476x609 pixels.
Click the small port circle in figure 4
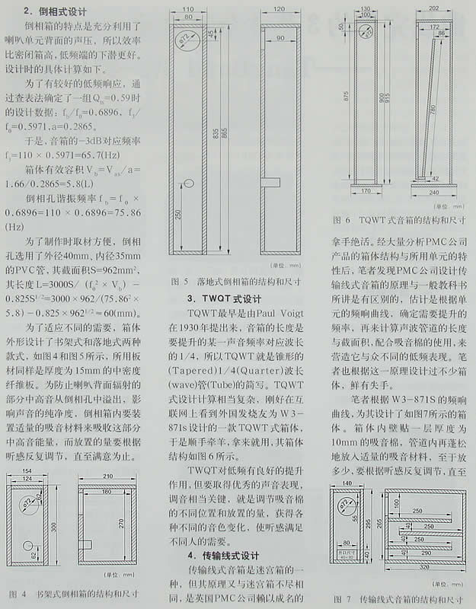28,546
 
